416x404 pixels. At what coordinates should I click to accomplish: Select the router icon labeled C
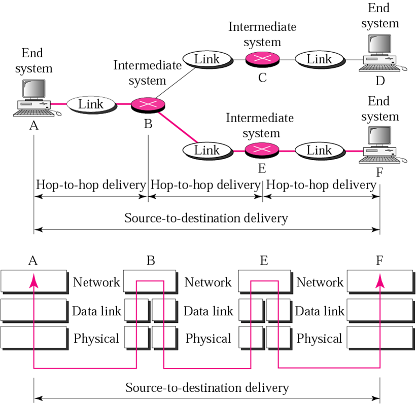click(x=262, y=59)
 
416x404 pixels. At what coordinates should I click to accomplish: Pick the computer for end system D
click(x=380, y=54)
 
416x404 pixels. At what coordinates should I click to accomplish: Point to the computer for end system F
click(x=380, y=145)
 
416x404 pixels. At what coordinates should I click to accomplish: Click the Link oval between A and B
click(x=91, y=104)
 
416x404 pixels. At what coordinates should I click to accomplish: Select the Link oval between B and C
click(x=207, y=59)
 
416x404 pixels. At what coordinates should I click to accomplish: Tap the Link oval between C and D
click(x=320, y=59)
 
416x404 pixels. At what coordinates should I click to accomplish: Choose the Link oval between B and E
click(x=207, y=151)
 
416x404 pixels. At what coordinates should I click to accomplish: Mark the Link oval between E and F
click(x=320, y=151)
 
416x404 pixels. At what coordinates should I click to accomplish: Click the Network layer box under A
click(x=33, y=281)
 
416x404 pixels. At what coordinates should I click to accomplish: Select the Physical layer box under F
click(x=379, y=338)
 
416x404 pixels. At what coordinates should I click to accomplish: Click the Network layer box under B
click(x=150, y=281)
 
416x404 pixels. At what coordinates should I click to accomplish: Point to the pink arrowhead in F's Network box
click(x=379, y=280)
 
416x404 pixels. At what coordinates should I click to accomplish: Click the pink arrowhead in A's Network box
click(x=33, y=280)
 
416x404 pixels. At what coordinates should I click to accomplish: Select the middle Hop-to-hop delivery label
click(x=205, y=185)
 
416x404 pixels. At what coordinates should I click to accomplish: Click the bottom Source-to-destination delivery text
click(x=207, y=388)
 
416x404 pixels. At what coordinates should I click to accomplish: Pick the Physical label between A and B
click(x=96, y=339)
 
